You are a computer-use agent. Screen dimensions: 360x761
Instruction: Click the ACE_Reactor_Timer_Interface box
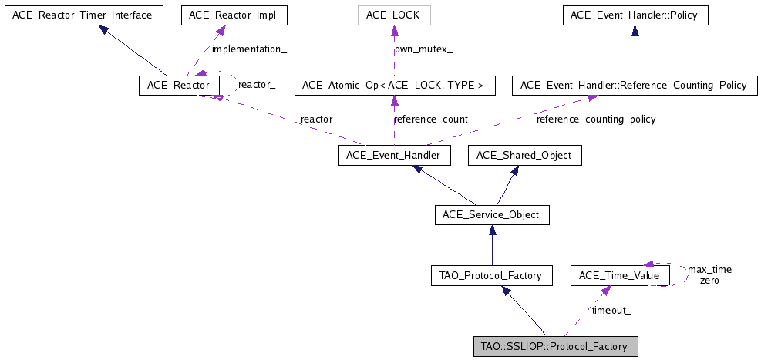pyautogui.click(x=83, y=15)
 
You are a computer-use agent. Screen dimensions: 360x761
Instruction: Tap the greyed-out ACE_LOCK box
pyautogui.click(x=393, y=15)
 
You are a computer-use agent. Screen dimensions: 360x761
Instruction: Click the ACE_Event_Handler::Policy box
pyautogui.click(x=635, y=15)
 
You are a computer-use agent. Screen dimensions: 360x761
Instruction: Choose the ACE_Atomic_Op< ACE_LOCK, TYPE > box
pyautogui.click(x=393, y=85)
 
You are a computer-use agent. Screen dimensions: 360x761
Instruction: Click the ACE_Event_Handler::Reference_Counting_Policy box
pyautogui.click(x=634, y=85)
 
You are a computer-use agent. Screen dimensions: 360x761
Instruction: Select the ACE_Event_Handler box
pyautogui.click(x=393, y=156)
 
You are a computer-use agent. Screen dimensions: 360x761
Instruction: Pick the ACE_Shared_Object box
pyautogui.click(x=524, y=156)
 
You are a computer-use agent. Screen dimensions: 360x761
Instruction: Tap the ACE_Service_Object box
pyautogui.click(x=492, y=214)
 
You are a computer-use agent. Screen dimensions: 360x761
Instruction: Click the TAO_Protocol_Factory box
pyautogui.click(x=492, y=275)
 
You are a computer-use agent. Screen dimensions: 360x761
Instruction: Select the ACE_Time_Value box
pyautogui.click(x=620, y=275)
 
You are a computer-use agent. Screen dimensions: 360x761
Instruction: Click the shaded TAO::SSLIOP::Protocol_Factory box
pyautogui.click(x=555, y=346)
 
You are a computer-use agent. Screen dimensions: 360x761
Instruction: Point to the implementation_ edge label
pyautogui.click(x=249, y=49)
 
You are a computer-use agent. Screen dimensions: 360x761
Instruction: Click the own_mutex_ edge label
pyautogui.click(x=423, y=49)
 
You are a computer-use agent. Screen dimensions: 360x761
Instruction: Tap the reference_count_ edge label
pyautogui.click(x=433, y=119)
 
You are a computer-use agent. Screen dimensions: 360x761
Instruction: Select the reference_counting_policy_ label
pyautogui.click(x=599, y=119)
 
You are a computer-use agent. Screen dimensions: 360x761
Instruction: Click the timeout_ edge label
pyautogui.click(x=611, y=311)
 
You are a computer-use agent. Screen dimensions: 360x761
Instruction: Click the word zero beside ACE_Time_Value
pyautogui.click(x=709, y=281)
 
